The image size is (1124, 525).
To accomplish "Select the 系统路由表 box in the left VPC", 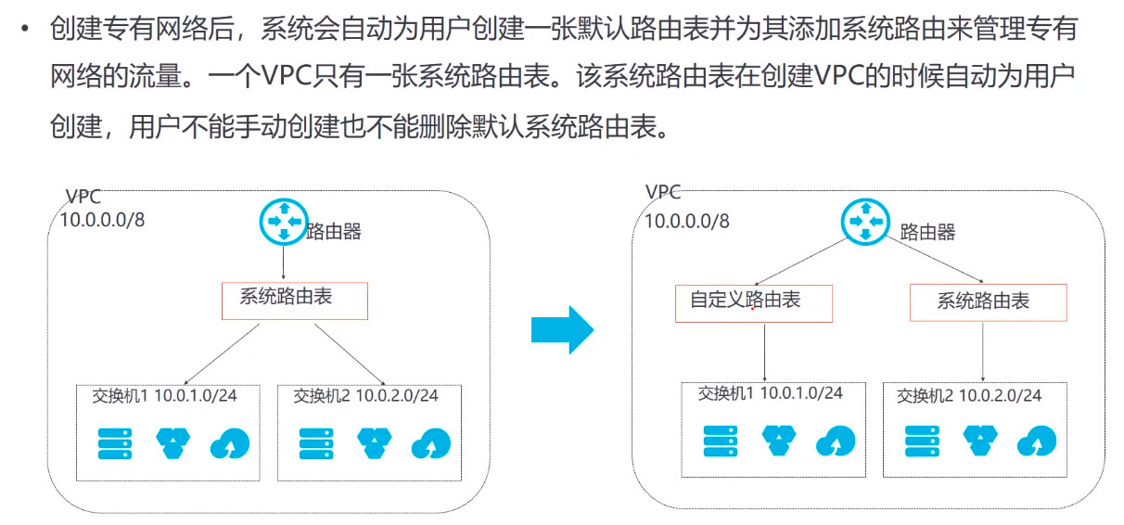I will click(x=295, y=300).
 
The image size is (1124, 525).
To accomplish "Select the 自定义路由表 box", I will click(x=754, y=302).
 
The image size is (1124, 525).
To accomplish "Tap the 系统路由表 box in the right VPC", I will click(x=988, y=302).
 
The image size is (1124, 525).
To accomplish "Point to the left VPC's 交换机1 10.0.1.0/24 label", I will click(x=164, y=396).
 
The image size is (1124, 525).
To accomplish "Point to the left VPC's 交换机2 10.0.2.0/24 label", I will click(x=365, y=396).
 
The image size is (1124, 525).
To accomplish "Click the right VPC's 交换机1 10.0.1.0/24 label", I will click(x=770, y=393).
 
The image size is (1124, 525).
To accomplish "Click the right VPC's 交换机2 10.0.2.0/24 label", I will click(x=969, y=396).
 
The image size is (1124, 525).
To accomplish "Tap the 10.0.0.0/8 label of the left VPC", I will click(x=102, y=220).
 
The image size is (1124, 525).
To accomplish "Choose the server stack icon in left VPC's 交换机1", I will click(x=115, y=442).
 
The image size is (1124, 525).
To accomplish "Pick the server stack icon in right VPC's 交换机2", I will click(x=920, y=441).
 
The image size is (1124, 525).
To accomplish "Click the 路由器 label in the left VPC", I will click(x=333, y=232).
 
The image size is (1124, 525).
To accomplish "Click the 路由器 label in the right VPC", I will click(x=927, y=232).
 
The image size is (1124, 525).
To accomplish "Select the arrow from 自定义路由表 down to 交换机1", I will click(x=765, y=351).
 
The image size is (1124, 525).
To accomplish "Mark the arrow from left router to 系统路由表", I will click(x=282, y=262).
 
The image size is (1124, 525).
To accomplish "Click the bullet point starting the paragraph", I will click(x=25, y=29).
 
